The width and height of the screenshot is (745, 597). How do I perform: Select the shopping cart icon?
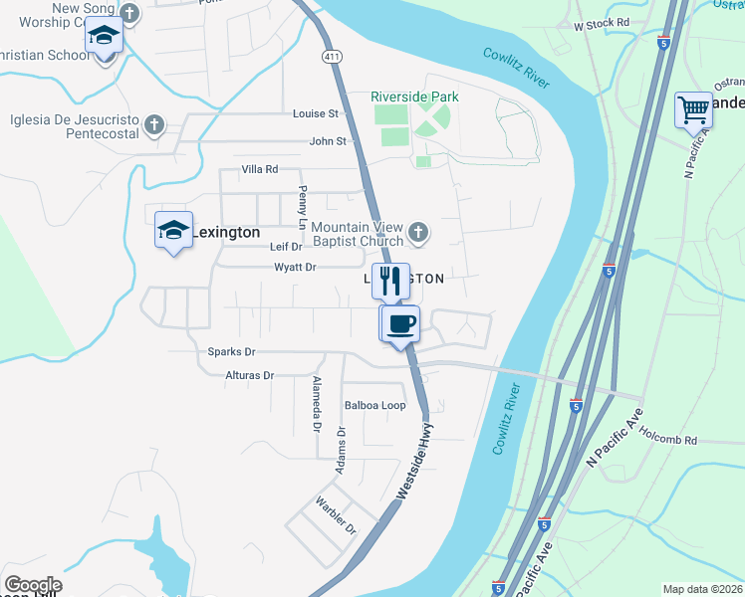693,109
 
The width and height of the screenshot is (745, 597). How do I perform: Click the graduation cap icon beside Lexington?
173,231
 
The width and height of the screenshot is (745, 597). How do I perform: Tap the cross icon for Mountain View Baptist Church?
418,234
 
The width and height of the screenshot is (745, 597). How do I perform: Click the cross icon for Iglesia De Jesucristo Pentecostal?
153,124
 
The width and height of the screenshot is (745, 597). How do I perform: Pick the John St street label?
327,141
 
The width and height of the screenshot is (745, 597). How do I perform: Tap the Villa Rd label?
259,170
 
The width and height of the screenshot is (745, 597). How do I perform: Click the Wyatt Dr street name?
295,267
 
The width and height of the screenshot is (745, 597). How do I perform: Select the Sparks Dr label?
231,352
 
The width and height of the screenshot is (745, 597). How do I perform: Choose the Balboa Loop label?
374,406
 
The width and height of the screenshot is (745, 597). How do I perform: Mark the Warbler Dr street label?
337,514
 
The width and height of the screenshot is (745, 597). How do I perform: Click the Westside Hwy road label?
416,460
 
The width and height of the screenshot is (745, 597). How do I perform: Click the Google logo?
32,585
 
